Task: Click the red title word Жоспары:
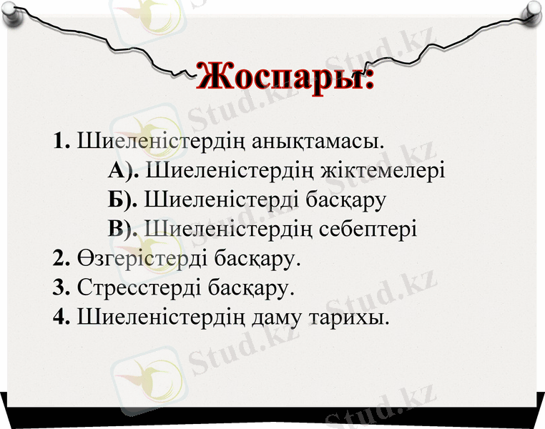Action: coord(285,77)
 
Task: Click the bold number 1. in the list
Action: coord(61,140)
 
